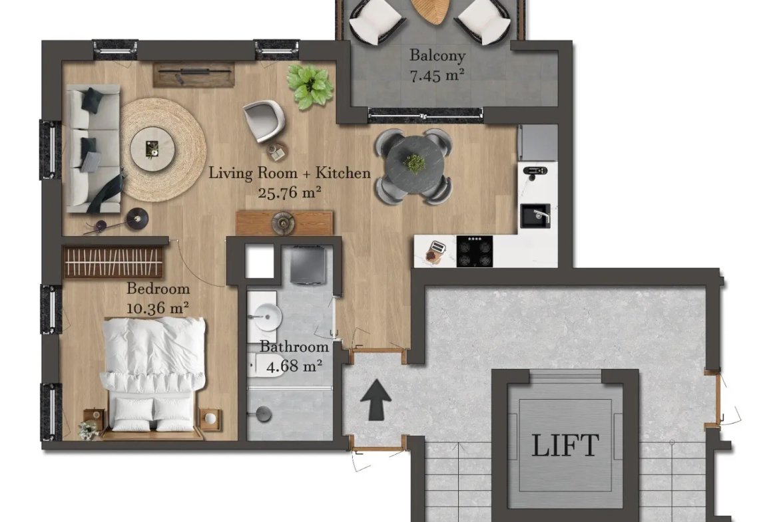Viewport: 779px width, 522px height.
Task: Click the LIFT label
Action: (x=565, y=445)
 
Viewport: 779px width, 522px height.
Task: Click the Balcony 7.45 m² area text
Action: (x=437, y=65)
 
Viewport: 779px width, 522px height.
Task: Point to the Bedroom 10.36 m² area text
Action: (x=158, y=298)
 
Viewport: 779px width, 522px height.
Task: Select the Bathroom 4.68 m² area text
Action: (x=294, y=356)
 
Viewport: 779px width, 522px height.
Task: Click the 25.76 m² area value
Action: (x=289, y=192)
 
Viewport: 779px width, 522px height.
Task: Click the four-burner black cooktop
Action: (x=475, y=251)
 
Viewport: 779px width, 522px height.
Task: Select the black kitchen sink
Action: (x=535, y=216)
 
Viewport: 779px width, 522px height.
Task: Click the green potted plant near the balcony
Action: (x=310, y=86)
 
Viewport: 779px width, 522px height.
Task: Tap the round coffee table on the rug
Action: (x=152, y=149)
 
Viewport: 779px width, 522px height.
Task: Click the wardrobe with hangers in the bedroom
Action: (x=114, y=261)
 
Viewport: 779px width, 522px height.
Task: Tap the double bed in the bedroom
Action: (x=153, y=378)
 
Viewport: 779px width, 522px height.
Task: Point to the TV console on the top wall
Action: (x=194, y=74)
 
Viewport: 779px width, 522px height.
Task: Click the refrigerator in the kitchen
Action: (x=537, y=142)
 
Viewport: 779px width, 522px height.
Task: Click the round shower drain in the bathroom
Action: (x=263, y=414)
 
